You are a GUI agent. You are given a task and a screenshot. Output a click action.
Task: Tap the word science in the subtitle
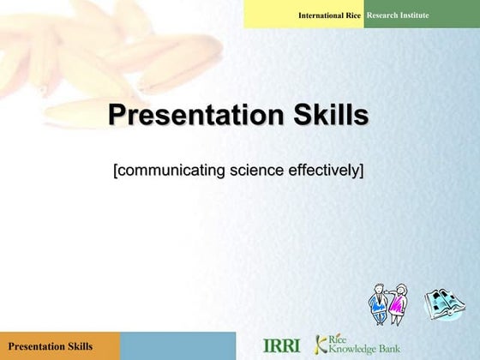(255, 170)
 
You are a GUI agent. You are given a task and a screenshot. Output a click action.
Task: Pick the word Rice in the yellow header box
(353, 15)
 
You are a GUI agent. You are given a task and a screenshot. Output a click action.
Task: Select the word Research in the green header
(383, 15)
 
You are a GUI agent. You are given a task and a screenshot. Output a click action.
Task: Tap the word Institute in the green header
(415, 15)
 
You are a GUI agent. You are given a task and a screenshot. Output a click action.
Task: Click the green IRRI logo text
(281, 345)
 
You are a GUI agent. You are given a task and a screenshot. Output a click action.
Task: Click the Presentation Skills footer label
(51, 346)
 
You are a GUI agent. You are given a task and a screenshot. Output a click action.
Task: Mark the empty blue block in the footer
(177, 346)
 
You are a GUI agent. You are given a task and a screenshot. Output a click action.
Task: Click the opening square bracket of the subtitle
(116, 170)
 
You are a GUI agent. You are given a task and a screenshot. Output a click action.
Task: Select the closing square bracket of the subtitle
(361, 170)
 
